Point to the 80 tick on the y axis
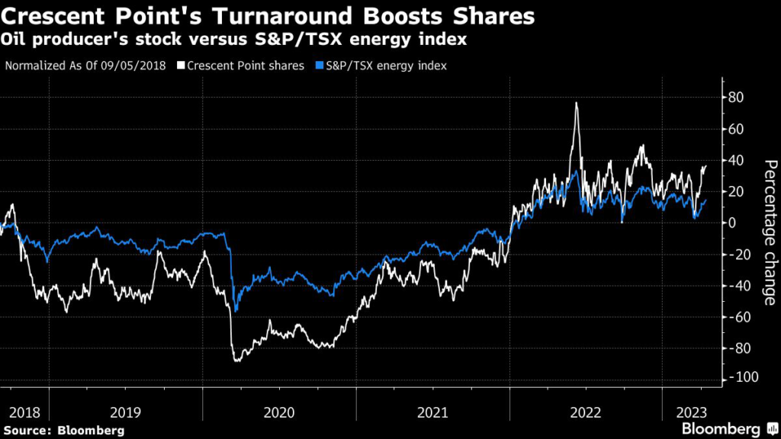[x=737, y=98]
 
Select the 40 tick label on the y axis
[x=737, y=160]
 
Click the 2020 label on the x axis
[x=279, y=412]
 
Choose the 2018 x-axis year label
[x=24, y=412]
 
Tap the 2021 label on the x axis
[x=432, y=412]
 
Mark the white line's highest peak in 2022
[x=576, y=103]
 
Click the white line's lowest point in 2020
[x=236, y=360]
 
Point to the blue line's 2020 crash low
[x=236, y=311]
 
